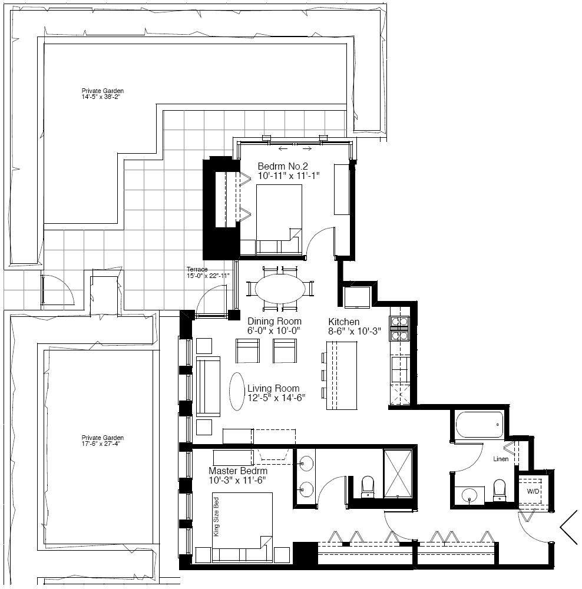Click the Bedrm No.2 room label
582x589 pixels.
click(283, 166)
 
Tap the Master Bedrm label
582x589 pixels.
click(238, 471)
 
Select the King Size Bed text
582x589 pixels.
click(216, 517)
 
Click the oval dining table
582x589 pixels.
click(280, 289)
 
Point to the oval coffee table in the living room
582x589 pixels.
click(237, 392)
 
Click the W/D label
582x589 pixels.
click(533, 491)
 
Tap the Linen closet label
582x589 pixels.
click(501, 459)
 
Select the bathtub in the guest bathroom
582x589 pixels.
click(479, 425)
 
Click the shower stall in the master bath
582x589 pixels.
click(398, 473)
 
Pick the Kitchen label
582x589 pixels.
click(344, 322)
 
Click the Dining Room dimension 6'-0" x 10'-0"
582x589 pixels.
click(275, 330)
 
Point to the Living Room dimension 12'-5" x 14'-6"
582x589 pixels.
click(276, 398)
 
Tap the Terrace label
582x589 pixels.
click(197, 269)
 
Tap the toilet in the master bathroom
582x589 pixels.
click(368, 487)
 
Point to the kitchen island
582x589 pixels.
click(342, 375)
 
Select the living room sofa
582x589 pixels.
click(208, 386)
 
